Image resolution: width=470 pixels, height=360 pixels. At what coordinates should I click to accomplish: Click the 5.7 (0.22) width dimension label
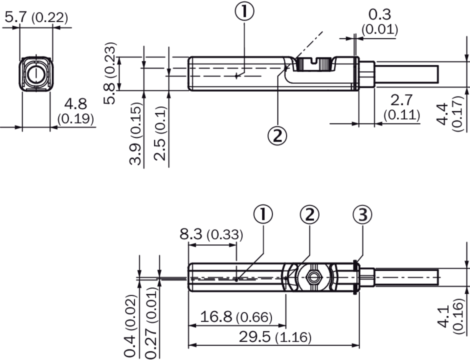(x=36, y=17)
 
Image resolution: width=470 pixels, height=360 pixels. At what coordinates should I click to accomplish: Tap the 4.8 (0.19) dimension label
(x=75, y=111)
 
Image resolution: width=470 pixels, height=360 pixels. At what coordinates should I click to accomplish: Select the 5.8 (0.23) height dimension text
(x=109, y=73)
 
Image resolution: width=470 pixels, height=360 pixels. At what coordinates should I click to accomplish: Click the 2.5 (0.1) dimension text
(x=160, y=133)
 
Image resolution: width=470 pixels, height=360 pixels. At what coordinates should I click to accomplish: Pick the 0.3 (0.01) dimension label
(x=380, y=22)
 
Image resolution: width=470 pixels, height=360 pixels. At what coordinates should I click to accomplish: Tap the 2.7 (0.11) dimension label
(x=401, y=107)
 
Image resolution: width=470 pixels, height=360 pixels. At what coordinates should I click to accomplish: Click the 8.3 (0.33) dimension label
(x=211, y=234)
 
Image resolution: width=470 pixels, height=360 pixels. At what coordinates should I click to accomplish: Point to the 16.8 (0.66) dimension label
(x=236, y=316)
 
